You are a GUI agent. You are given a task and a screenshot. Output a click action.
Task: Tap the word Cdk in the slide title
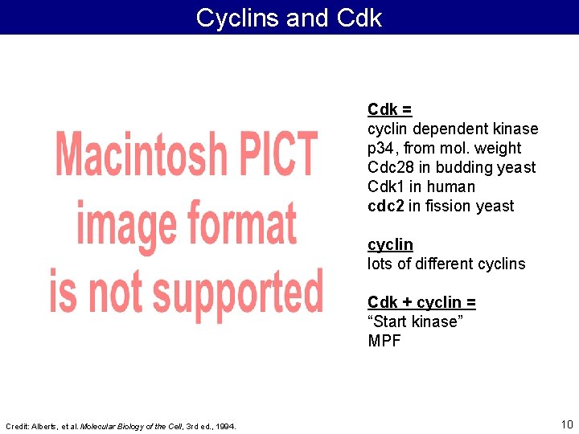coord(359,18)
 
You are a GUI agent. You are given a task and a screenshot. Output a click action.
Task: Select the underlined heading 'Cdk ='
coord(390,109)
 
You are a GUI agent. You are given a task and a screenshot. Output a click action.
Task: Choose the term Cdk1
coord(385,186)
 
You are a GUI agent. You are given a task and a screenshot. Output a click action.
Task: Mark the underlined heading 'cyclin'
coord(390,244)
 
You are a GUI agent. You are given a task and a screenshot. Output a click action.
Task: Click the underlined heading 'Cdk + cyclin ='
coord(421,302)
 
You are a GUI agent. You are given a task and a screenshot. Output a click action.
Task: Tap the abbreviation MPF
coord(384,341)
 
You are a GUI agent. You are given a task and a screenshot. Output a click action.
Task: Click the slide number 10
coord(566,424)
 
